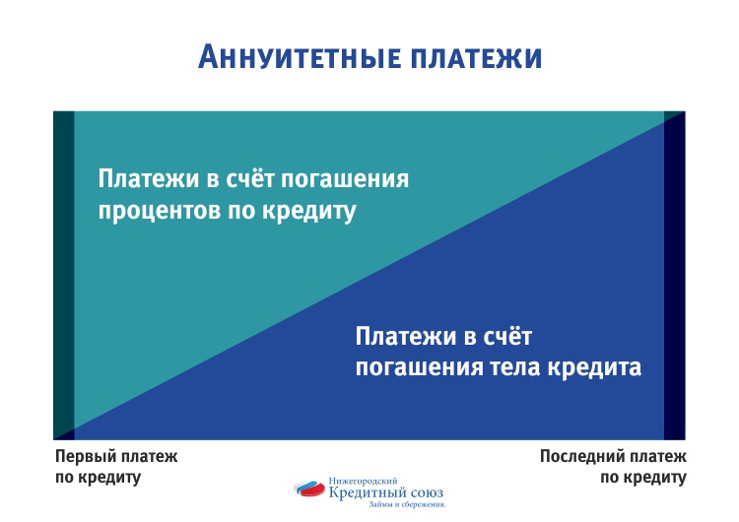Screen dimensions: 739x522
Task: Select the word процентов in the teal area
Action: [x=160, y=211]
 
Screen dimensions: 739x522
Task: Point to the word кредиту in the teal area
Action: [x=309, y=210]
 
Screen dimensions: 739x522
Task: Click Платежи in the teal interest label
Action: [x=149, y=178]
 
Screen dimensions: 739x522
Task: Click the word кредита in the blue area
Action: [x=594, y=365]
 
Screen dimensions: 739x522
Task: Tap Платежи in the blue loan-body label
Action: [x=405, y=337]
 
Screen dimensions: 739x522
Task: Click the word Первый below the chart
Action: [x=84, y=456]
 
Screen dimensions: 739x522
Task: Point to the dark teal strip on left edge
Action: [x=64, y=276]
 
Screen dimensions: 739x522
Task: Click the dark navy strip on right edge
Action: [x=674, y=276]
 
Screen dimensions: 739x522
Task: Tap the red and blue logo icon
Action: [x=309, y=489]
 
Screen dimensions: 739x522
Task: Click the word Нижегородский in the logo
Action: [x=363, y=481]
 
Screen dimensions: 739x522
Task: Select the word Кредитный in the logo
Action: [x=366, y=492]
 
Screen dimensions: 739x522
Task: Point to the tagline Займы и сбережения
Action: [x=407, y=504]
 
